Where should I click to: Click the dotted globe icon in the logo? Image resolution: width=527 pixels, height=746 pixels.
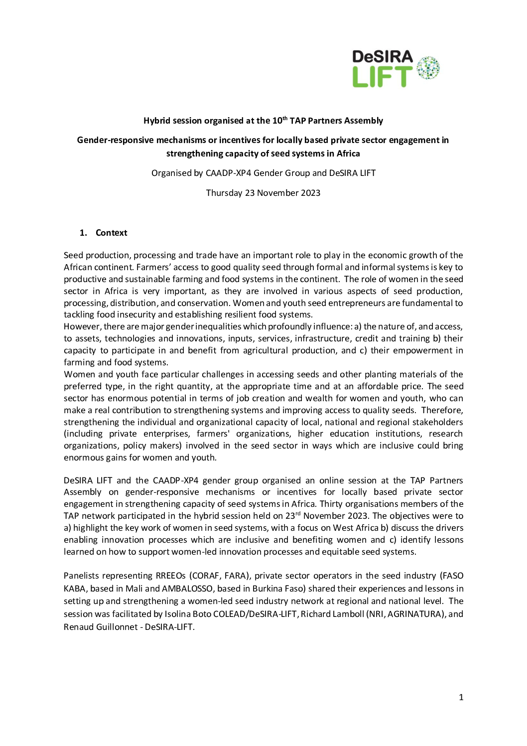(x=428, y=68)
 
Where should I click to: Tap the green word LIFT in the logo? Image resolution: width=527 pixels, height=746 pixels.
(x=382, y=77)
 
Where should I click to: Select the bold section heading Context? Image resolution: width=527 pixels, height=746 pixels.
(x=111, y=233)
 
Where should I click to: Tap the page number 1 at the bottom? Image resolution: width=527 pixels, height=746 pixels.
(x=461, y=697)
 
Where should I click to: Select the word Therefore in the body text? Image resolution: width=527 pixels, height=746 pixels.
(x=442, y=410)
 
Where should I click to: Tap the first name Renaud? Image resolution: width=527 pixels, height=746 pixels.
(x=78, y=627)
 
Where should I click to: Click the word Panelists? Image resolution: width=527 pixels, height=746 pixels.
(x=83, y=576)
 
